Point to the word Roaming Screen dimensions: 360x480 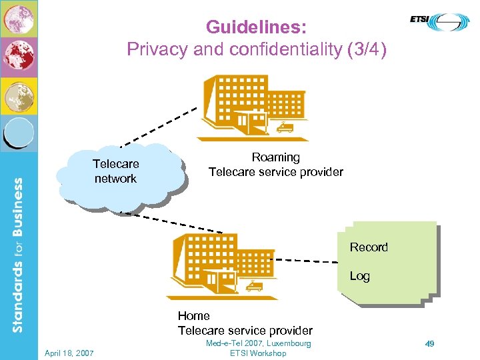[275, 157]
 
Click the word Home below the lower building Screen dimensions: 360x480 [193, 316]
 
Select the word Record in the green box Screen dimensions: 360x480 [368, 247]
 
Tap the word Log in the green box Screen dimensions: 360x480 [359, 276]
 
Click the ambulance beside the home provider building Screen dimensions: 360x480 [254, 286]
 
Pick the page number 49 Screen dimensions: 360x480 [430, 343]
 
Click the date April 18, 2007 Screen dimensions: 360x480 [69, 353]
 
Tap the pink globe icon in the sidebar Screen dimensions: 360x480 [19, 19]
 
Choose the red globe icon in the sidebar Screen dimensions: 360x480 [19, 57]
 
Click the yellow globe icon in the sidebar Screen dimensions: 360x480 [19, 95]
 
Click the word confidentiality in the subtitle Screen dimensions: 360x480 [281, 49]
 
